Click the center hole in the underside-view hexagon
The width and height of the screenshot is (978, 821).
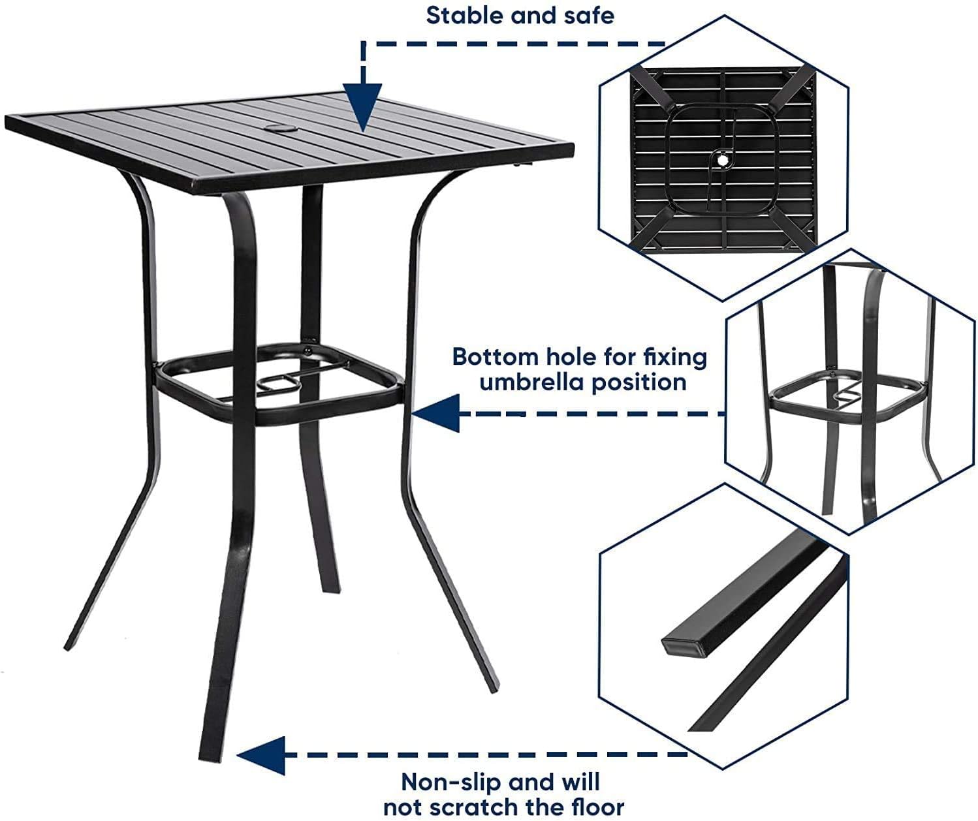pyautogui.click(x=723, y=159)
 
